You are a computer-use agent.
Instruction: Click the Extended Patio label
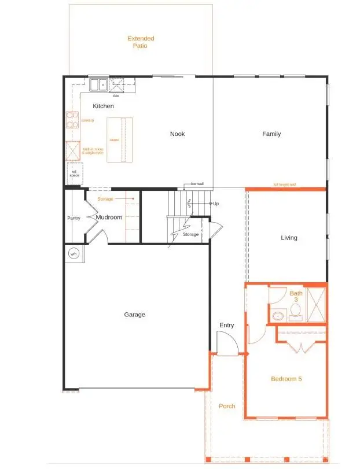(141, 42)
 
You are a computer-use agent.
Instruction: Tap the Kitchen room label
(103, 106)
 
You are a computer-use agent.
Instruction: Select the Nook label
(177, 134)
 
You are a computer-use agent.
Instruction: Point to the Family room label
(271, 134)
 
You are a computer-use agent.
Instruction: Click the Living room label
(289, 238)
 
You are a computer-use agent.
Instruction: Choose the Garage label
(134, 315)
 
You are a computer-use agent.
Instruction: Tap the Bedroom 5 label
(286, 379)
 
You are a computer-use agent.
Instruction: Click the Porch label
(227, 406)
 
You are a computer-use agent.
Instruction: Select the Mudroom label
(109, 217)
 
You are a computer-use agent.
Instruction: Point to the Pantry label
(74, 218)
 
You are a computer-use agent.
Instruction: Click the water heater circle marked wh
(74, 253)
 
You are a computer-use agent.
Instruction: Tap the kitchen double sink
(97, 84)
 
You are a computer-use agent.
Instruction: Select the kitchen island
(119, 140)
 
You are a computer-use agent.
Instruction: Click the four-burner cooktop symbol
(72, 120)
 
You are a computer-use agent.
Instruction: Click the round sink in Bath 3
(278, 316)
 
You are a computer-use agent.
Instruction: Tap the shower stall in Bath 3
(315, 303)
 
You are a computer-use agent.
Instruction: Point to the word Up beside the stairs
(215, 204)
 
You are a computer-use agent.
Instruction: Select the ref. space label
(75, 173)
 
